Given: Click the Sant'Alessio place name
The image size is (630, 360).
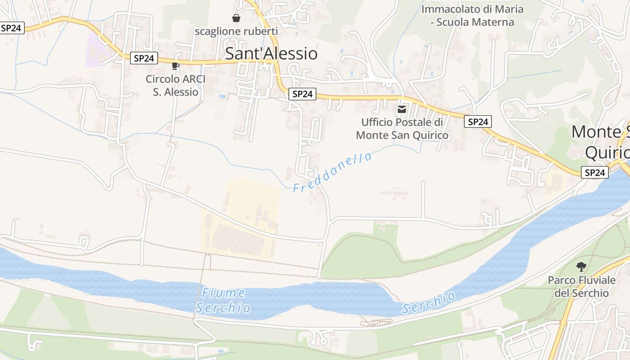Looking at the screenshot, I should tap(271, 54).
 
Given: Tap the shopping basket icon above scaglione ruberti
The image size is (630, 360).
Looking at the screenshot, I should tap(236, 18).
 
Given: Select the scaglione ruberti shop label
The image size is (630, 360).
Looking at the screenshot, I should tap(236, 31).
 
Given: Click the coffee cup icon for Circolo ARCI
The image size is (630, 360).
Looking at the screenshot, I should tap(175, 66).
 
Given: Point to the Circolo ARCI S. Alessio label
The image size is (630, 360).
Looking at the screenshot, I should tap(175, 85).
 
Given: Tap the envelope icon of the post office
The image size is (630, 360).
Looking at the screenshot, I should tap(402, 109).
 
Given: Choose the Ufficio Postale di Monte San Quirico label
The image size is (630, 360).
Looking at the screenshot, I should tap(402, 129).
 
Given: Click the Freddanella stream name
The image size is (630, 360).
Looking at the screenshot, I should tap(333, 172).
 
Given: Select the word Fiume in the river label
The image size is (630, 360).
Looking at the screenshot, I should tap(223, 293).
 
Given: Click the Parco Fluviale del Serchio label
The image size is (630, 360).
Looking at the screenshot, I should tap(581, 287).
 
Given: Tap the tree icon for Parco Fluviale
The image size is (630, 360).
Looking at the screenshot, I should tap(581, 266).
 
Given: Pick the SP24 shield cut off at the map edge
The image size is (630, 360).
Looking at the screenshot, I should tap(11, 28).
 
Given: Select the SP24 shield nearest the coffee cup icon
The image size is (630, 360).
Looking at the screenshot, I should tap(144, 58).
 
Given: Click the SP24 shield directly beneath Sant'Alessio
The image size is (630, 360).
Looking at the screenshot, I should tap(302, 94).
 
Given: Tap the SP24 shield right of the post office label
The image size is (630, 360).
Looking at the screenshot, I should tap(478, 121).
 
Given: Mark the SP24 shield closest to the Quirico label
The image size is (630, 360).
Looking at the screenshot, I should tap(594, 172).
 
